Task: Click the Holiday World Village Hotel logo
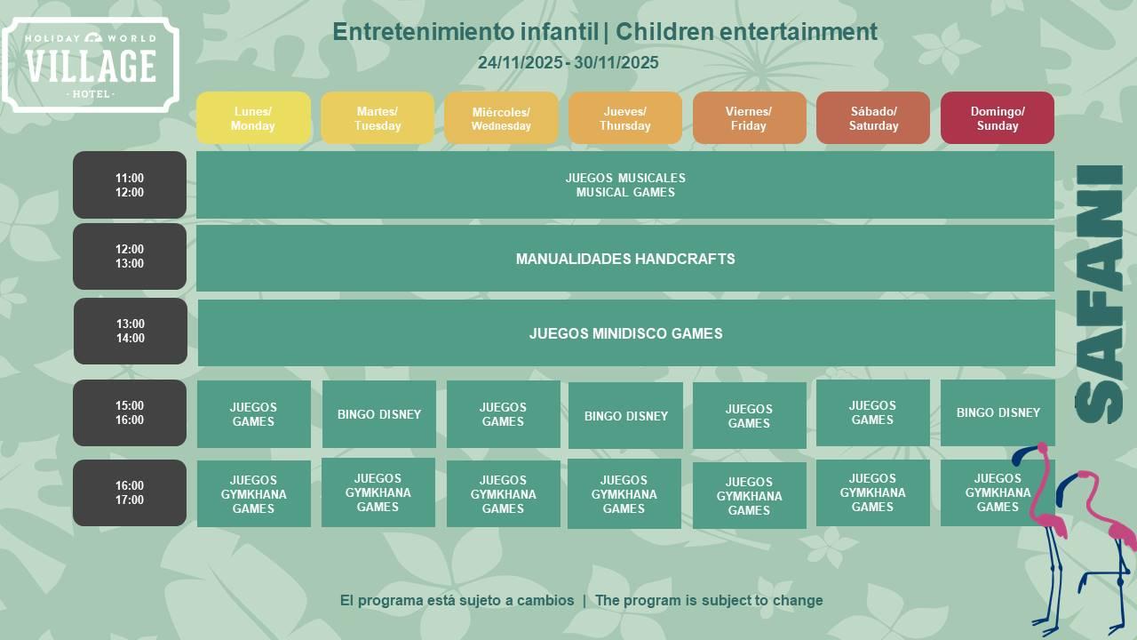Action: point(91,65)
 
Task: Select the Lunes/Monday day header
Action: point(253,118)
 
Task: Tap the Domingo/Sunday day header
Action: point(997,118)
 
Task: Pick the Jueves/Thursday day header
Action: point(624,118)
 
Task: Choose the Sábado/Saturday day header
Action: point(873,118)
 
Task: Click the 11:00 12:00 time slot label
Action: point(130,185)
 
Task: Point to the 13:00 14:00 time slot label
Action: point(131,332)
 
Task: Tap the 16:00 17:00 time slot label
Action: point(130,492)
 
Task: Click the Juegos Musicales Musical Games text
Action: point(625,185)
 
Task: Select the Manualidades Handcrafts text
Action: point(625,259)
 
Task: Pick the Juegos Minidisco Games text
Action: point(625,333)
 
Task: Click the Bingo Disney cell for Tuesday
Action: point(379,414)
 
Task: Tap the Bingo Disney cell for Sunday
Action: point(998,413)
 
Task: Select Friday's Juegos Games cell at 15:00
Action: point(749,416)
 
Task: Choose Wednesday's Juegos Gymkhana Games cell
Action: point(503,494)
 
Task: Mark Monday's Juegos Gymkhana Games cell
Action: point(253,494)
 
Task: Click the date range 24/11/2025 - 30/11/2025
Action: point(568,62)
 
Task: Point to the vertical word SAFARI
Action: point(1099,294)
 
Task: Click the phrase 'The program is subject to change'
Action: point(709,600)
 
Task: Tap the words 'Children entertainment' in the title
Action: point(746,31)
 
